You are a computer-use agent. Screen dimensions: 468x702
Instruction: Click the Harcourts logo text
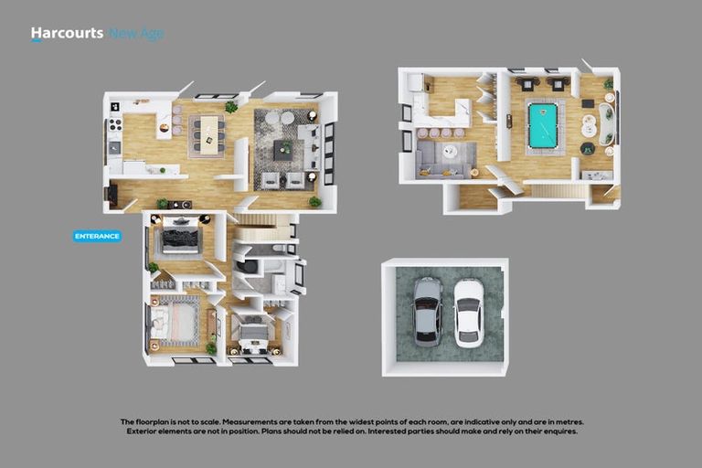point(66,34)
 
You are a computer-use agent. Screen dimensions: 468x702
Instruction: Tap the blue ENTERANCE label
point(97,236)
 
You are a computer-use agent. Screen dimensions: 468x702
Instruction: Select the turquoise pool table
point(542,126)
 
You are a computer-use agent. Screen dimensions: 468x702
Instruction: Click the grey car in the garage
point(427,311)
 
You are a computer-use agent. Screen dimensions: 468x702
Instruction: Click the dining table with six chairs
point(207,134)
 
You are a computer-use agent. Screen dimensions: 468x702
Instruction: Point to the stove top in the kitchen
point(115,125)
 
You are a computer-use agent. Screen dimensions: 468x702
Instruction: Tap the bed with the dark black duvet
point(179,239)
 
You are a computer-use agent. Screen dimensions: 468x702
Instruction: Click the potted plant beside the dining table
point(231,107)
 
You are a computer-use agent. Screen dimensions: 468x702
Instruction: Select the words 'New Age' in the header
point(136,34)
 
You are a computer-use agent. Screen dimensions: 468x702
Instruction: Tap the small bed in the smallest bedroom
point(253,331)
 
